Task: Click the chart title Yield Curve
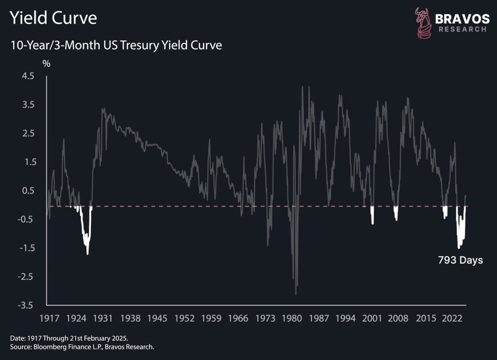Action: click(53, 19)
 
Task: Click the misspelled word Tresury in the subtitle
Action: click(160, 45)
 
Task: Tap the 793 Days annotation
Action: click(460, 261)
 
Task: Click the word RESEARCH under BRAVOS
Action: click(462, 29)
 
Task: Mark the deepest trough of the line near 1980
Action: click(296, 294)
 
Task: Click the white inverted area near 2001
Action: click(373, 215)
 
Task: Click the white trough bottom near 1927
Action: click(87, 253)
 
